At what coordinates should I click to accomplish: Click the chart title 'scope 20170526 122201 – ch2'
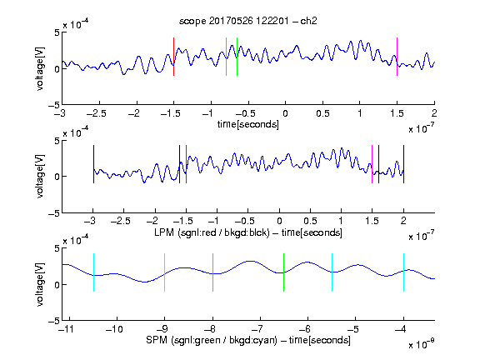click(x=247, y=21)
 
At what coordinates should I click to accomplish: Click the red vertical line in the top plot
click(x=173, y=57)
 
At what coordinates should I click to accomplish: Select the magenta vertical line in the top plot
click(x=397, y=57)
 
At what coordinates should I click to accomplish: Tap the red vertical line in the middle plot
click(x=186, y=164)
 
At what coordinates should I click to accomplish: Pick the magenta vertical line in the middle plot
click(x=372, y=164)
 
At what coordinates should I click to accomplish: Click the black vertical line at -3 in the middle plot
click(x=93, y=164)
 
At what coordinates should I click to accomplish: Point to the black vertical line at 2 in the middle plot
click(x=403, y=164)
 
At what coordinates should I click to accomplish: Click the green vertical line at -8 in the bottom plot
click(x=212, y=272)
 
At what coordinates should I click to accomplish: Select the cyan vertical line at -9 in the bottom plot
click(x=164, y=272)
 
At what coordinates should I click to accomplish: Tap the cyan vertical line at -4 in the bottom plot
click(x=403, y=272)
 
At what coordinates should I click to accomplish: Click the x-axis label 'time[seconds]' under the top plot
click(x=248, y=124)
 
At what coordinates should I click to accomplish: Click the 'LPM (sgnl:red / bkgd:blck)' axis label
click(x=212, y=232)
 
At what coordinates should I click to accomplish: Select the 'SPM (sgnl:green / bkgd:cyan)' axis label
click(x=212, y=340)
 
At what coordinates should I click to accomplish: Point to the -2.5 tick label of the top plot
click(x=97, y=113)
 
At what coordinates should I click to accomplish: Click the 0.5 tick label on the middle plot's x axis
click(x=310, y=221)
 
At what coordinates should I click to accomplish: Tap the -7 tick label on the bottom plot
click(x=259, y=329)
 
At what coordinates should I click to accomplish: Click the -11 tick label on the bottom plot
click(x=67, y=329)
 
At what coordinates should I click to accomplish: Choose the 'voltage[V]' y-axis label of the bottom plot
click(x=40, y=284)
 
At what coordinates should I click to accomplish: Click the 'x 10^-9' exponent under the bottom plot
click(x=422, y=344)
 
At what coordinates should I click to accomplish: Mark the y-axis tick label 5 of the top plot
click(x=57, y=32)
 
